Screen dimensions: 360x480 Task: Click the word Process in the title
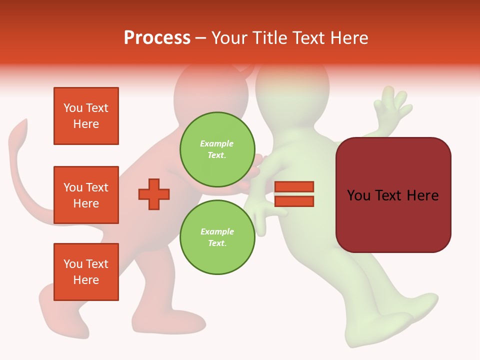(x=157, y=38)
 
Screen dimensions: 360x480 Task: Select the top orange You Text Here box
(x=86, y=116)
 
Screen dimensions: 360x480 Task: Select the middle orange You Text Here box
(x=86, y=195)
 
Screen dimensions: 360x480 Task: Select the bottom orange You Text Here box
(x=86, y=272)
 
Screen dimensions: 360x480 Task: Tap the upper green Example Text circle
(x=217, y=149)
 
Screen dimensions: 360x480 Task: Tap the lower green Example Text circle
(x=217, y=237)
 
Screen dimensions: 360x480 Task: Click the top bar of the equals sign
(x=294, y=186)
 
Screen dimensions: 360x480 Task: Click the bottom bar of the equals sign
(x=294, y=201)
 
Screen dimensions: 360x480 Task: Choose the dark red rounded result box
(x=393, y=195)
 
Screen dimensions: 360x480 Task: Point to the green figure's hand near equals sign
(x=260, y=210)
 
